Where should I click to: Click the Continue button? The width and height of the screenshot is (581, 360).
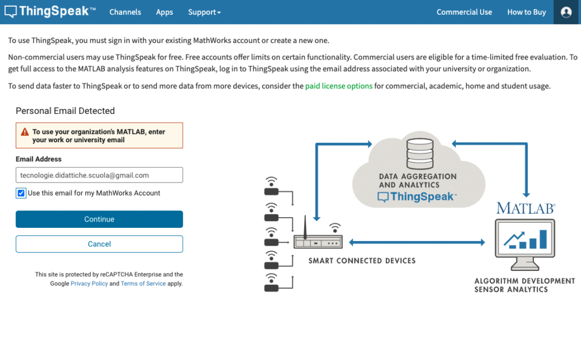pos(99,219)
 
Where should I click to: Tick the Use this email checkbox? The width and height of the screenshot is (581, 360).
pos(21,193)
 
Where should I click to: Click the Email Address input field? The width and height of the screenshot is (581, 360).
pos(99,175)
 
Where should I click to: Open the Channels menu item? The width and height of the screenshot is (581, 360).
pos(125,12)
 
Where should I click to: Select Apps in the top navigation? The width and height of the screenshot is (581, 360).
pos(165,12)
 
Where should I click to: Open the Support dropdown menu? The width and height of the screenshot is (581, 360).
pos(204,12)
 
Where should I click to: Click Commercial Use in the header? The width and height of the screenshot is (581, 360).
pos(464,12)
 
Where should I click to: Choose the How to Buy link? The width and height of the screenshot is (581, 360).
pos(527,12)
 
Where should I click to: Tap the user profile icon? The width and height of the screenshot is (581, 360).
pos(566,12)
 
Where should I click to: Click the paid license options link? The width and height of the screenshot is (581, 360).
pos(339,86)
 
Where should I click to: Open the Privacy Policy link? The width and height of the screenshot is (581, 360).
pos(89,283)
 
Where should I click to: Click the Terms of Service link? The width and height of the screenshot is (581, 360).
pos(144,283)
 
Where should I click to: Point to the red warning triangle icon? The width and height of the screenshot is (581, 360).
pos(24,132)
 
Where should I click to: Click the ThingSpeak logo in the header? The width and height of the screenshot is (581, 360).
pos(50,12)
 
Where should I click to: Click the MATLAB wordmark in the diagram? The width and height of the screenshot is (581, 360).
pos(525,208)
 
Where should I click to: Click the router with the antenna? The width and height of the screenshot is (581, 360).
pos(318,239)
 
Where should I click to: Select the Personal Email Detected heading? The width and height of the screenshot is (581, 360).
pos(65,111)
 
